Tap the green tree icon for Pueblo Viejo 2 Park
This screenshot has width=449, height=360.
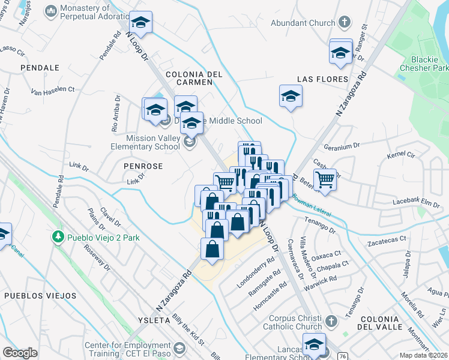click(58, 238)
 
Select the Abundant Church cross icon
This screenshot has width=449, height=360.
click(344, 23)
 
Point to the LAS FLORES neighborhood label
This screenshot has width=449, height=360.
click(322, 79)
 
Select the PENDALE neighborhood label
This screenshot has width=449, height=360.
click(39, 68)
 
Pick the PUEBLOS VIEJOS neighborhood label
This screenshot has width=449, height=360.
click(40, 296)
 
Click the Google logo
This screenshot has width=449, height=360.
click(20, 353)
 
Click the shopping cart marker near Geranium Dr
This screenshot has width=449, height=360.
click(325, 179)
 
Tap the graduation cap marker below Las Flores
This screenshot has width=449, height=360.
click(291, 96)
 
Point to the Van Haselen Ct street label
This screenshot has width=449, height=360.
click(53, 90)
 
